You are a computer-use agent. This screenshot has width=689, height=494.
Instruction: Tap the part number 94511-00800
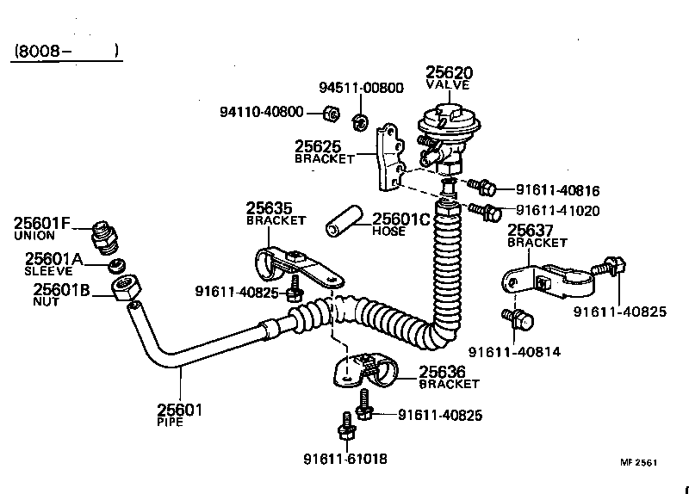pyautogui.click(x=361, y=88)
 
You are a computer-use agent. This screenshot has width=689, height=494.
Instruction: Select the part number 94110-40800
pyautogui.click(x=262, y=112)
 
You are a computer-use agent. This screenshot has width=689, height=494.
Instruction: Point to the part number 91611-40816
pyautogui.click(x=558, y=190)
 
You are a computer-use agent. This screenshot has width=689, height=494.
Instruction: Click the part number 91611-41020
pyautogui.click(x=558, y=210)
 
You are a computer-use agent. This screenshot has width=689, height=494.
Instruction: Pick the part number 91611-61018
pyautogui.click(x=345, y=457)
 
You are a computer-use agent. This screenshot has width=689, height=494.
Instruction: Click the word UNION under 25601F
pyautogui.click(x=34, y=236)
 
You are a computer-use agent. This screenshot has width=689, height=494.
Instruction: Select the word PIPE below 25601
pyautogui.click(x=171, y=423)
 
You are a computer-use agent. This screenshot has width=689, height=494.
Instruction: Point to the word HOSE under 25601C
pyautogui.click(x=388, y=232)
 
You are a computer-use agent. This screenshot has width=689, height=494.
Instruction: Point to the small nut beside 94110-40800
pyautogui.click(x=329, y=113)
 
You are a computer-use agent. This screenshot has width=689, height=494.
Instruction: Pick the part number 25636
pyautogui.click(x=443, y=371)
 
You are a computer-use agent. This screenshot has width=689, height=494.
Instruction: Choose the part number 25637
pyautogui.click(x=531, y=230)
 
